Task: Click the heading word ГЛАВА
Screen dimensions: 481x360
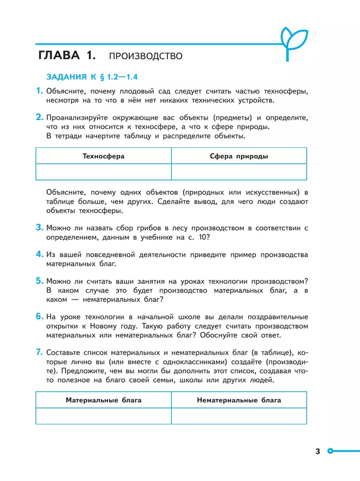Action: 60,55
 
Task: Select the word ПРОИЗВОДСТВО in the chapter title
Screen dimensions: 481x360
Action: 146,56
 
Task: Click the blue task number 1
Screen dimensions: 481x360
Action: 39,91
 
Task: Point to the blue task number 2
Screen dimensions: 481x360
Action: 39,117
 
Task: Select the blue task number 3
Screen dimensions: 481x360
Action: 39,227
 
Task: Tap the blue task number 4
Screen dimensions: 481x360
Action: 39,254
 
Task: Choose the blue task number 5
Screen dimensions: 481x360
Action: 39,281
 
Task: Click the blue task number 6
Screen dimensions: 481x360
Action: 39,316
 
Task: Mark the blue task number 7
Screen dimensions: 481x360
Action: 39,352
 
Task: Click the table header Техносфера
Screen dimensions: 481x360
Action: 104,156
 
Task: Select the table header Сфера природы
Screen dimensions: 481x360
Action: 239,156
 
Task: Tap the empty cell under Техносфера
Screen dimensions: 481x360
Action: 104,172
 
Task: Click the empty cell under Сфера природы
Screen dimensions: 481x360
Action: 239,172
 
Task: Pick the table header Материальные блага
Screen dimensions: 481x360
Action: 104,400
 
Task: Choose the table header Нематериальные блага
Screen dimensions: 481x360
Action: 239,400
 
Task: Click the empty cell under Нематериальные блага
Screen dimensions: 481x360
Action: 239,416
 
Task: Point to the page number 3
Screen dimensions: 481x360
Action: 318,452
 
